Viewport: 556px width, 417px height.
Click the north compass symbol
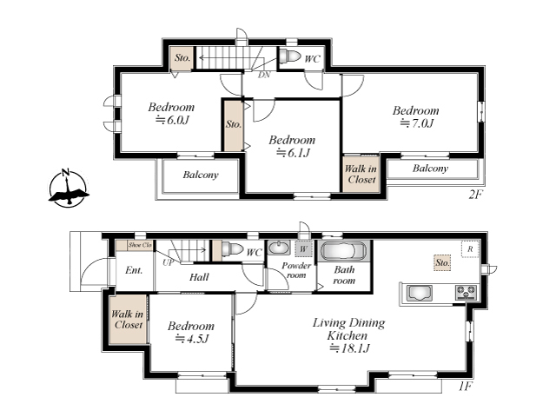pyautogui.click(x=68, y=188)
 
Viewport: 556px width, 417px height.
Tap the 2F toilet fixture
pyautogui.click(x=290, y=56)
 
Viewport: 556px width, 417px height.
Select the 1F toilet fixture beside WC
pyautogui.click(x=233, y=249)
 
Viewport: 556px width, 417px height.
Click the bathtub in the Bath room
pyautogui.click(x=343, y=251)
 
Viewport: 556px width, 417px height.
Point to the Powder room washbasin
pyautogui.click(x=279, y=248)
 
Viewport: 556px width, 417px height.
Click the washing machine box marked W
pyautogui.click(x=303, y=249)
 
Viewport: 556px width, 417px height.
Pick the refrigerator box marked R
pyautogui.click(x=470, y=249)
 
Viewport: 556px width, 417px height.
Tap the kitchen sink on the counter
pyautogui.click(x=420, y=294)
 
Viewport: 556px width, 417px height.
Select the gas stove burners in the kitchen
pyautogui.click(x=466, y=293)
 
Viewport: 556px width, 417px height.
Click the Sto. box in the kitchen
pyautogui.click(x=442, y=262)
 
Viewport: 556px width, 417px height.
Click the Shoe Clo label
pyautogui.click(x=140, y=245)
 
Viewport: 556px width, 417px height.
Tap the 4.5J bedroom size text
pyautogui.click(x=192, y=339)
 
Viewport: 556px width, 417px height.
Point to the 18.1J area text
pyautogui.click(x=349, y=348)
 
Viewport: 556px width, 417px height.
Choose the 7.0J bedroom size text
pyautogui.click(x=416, y=123)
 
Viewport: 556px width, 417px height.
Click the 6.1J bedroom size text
pyautogui.click(x=293, y=153)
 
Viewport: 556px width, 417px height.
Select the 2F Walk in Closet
pyautogui.click(x=361, y=174)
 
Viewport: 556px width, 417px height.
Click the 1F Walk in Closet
pyautogui.click(x=128, y=319)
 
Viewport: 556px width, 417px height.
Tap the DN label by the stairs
pyautogui.click(x=264, y=75)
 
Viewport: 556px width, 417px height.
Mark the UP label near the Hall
pyautogui.click(x=168, y=262)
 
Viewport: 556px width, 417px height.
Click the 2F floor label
pyautogui.click(x=475, y=195)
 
